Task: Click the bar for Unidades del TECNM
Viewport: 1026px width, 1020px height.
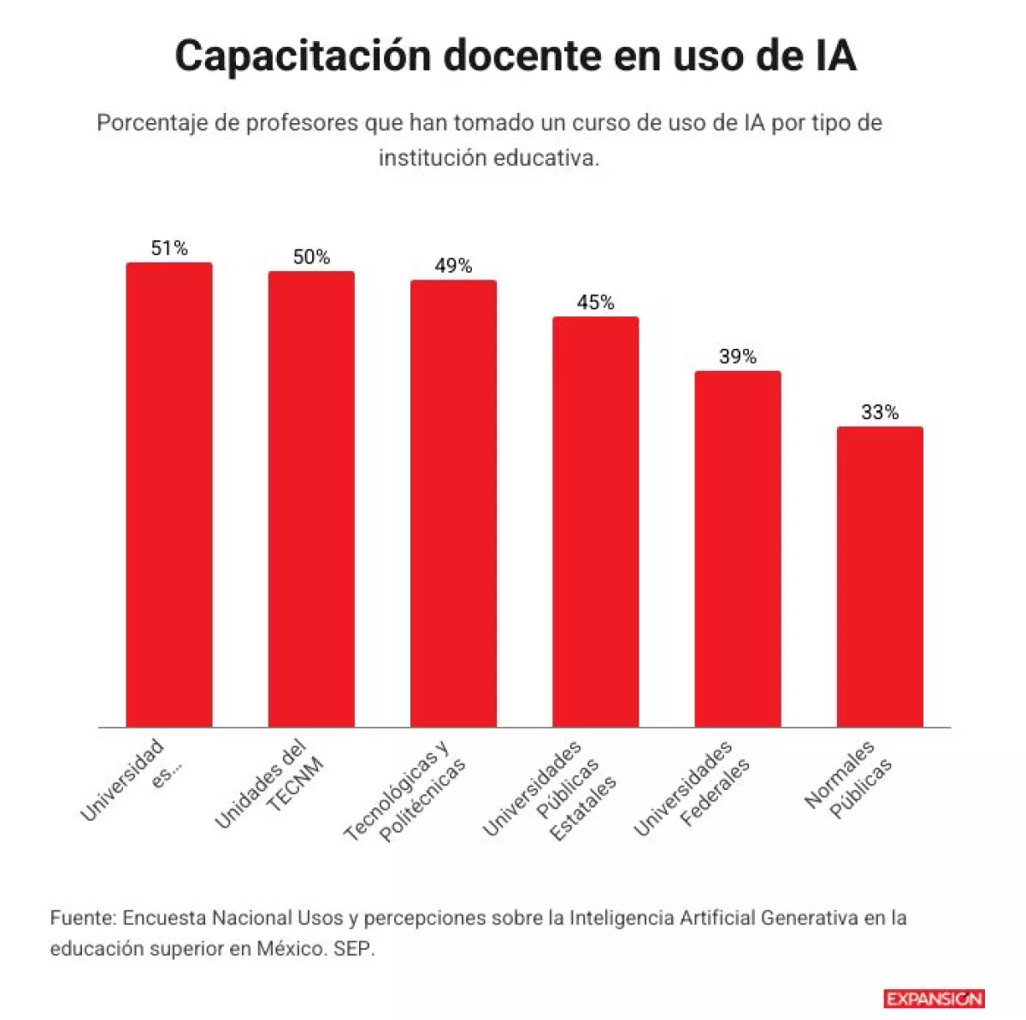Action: pyautogui.click(x=311, y=499)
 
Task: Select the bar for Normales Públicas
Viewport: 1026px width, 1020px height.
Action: pyautogui.click(x=880, y=576)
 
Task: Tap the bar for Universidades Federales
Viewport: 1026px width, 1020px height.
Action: pyautogui.click(x=738, y=549)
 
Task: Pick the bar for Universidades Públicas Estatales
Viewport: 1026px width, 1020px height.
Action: pyautogui.click(x=595, y=522)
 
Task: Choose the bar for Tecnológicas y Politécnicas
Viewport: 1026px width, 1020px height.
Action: pyautogui.click(x=453, y=504)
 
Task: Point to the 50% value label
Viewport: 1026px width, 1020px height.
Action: pyautogui.click(x=311, y=257)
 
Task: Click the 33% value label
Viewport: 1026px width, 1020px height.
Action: pyautogui.click(x=880, y=413)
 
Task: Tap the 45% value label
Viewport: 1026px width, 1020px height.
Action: pyautogui.click(x=595, y=303)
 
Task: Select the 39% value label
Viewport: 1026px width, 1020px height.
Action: pyautogui.click(x=738, y=357)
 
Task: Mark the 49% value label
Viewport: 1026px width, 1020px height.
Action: pyautogui.click(x=453, y=267)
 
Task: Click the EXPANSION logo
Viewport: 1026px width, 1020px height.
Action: pyautogui.click(x=934, y=999)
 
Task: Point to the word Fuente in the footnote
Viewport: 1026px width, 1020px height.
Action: pyautogui.click(x=81, y=918)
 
